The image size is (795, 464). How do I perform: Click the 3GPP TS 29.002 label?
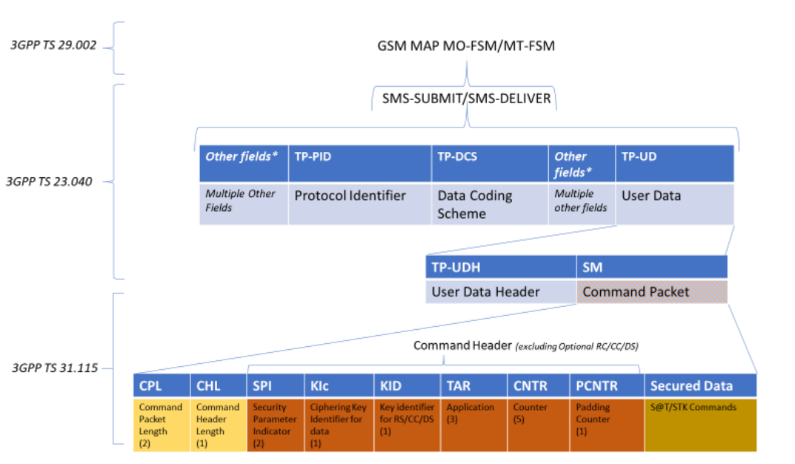coord(53,45)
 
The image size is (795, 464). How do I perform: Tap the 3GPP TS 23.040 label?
coord(49,182)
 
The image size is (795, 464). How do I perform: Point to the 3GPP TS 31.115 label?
coord(55,368)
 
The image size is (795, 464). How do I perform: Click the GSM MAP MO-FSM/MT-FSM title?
coord(466,46)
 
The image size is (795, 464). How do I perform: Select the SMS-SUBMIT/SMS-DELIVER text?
coord(467,99)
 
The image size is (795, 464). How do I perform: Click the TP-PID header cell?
coord(360,163)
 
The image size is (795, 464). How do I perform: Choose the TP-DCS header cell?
coord(490,163)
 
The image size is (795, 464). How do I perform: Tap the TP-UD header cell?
coord(675,163)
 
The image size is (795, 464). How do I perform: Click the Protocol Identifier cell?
coord(360,204)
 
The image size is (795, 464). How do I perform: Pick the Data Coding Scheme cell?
coord(490,204)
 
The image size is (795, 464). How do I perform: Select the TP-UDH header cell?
coord(501,268)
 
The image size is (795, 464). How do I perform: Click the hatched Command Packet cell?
coord(652,292)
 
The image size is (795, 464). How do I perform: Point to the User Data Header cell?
coord(501,292)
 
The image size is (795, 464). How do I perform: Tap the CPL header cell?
coord(162,386)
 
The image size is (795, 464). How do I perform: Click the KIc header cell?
coord(339,386)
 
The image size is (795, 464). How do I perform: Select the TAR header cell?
coord(474,386)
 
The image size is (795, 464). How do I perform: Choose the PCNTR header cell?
coord(607,386)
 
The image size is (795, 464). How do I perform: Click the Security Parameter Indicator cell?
coord(276,425)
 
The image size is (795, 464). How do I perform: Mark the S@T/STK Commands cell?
coord(701,425)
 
